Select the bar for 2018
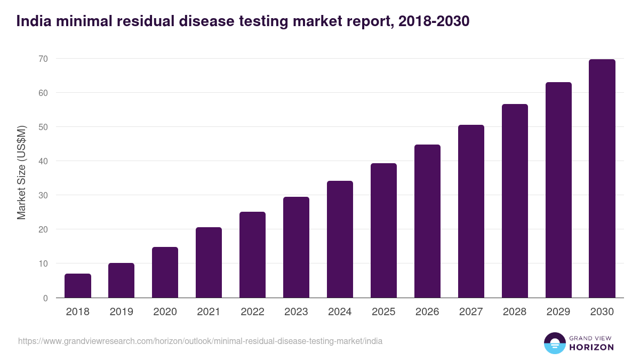coord(78,286)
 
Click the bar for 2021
coord(209,262)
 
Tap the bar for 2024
coord(340,239)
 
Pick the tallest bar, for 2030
coord(602,179)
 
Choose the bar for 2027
coord(471,211)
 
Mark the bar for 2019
coord(122,281)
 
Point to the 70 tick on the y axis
coord(43,59)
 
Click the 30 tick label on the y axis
coord(43,195)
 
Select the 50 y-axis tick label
coord(43,127)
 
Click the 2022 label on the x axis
coord(252,312)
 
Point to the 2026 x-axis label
coord(427,312)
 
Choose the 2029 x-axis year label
coord(558,312)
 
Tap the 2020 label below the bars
coord(165,312)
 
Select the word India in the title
coord(31,21)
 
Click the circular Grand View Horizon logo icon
coord(554,343)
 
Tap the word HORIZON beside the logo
coord(591,347)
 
